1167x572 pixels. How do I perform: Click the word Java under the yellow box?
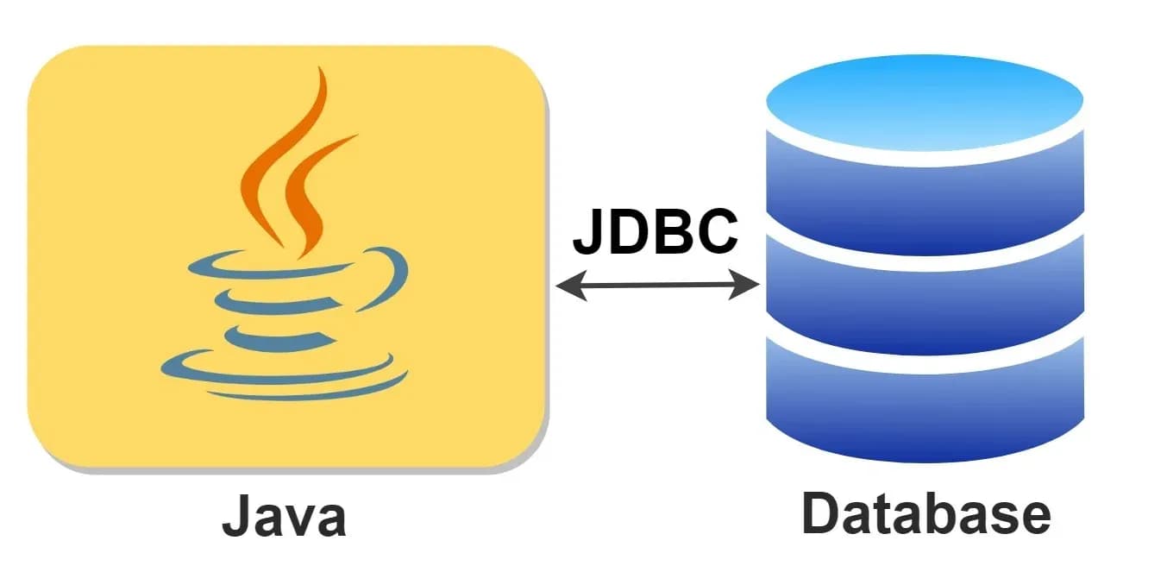point(284,517)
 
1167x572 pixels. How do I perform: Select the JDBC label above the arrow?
point(656,230)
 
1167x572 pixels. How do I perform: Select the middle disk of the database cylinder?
point(925,298)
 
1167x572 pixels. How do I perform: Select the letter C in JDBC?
point(715,230)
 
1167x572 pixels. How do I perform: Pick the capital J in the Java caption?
point(237,517)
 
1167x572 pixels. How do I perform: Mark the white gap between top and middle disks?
point(925,240)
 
